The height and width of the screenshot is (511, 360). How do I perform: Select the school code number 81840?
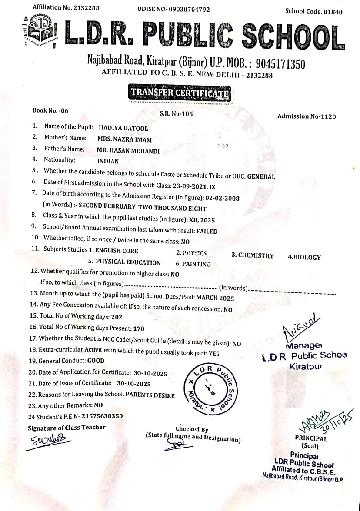click(x=333, y=12)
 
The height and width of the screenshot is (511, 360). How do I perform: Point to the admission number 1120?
click(x=327, y=116)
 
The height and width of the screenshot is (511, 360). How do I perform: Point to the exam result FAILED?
click(x=207, y=231)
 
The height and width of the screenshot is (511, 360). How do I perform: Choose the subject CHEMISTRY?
click(x=253, y=255)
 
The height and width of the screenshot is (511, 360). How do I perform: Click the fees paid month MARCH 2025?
click(x=215, y=299)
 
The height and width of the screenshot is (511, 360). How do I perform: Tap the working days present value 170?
click(x=139, y=329)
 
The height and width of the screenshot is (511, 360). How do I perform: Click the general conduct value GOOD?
click(x=96, y=361)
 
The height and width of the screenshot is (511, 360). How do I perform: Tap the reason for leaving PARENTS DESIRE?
click(x=150, y=395)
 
